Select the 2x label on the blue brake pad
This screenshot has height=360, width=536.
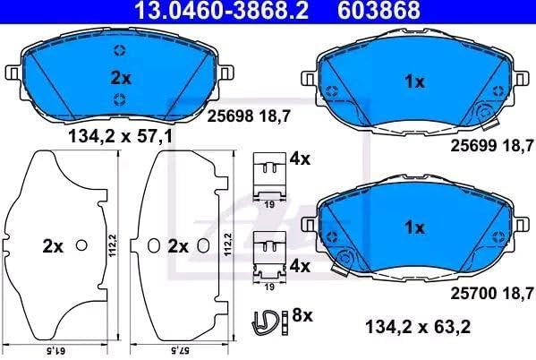coord(121,79)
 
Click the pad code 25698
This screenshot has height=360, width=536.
coord(231,116)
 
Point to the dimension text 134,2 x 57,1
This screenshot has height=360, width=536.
coord(121,137)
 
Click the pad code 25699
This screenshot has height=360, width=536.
coord(473,146)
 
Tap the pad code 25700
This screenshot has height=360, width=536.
coord(473,293)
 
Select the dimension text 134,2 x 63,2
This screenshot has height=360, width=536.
coord(418,327)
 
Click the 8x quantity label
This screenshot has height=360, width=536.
coord(302,315)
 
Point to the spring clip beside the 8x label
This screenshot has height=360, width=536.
coord(267,322)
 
